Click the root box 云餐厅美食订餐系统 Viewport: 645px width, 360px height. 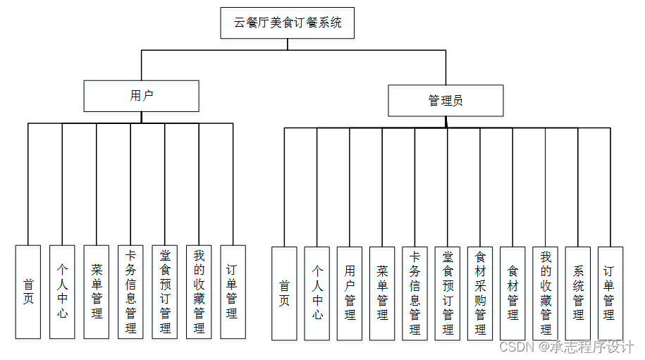coord(287,23)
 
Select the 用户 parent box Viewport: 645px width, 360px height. coord(141,96)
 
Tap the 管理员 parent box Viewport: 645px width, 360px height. coord(446,101)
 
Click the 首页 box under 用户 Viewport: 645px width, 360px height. coord(28,292)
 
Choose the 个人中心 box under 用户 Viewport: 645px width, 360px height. coord(62,292)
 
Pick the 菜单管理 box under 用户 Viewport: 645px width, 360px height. coord(97,292)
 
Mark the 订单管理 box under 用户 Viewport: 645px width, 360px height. coord(233,292)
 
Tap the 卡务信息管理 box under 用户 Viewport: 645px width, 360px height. coord(130,292)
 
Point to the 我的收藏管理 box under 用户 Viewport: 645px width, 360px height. coord(199,292)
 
